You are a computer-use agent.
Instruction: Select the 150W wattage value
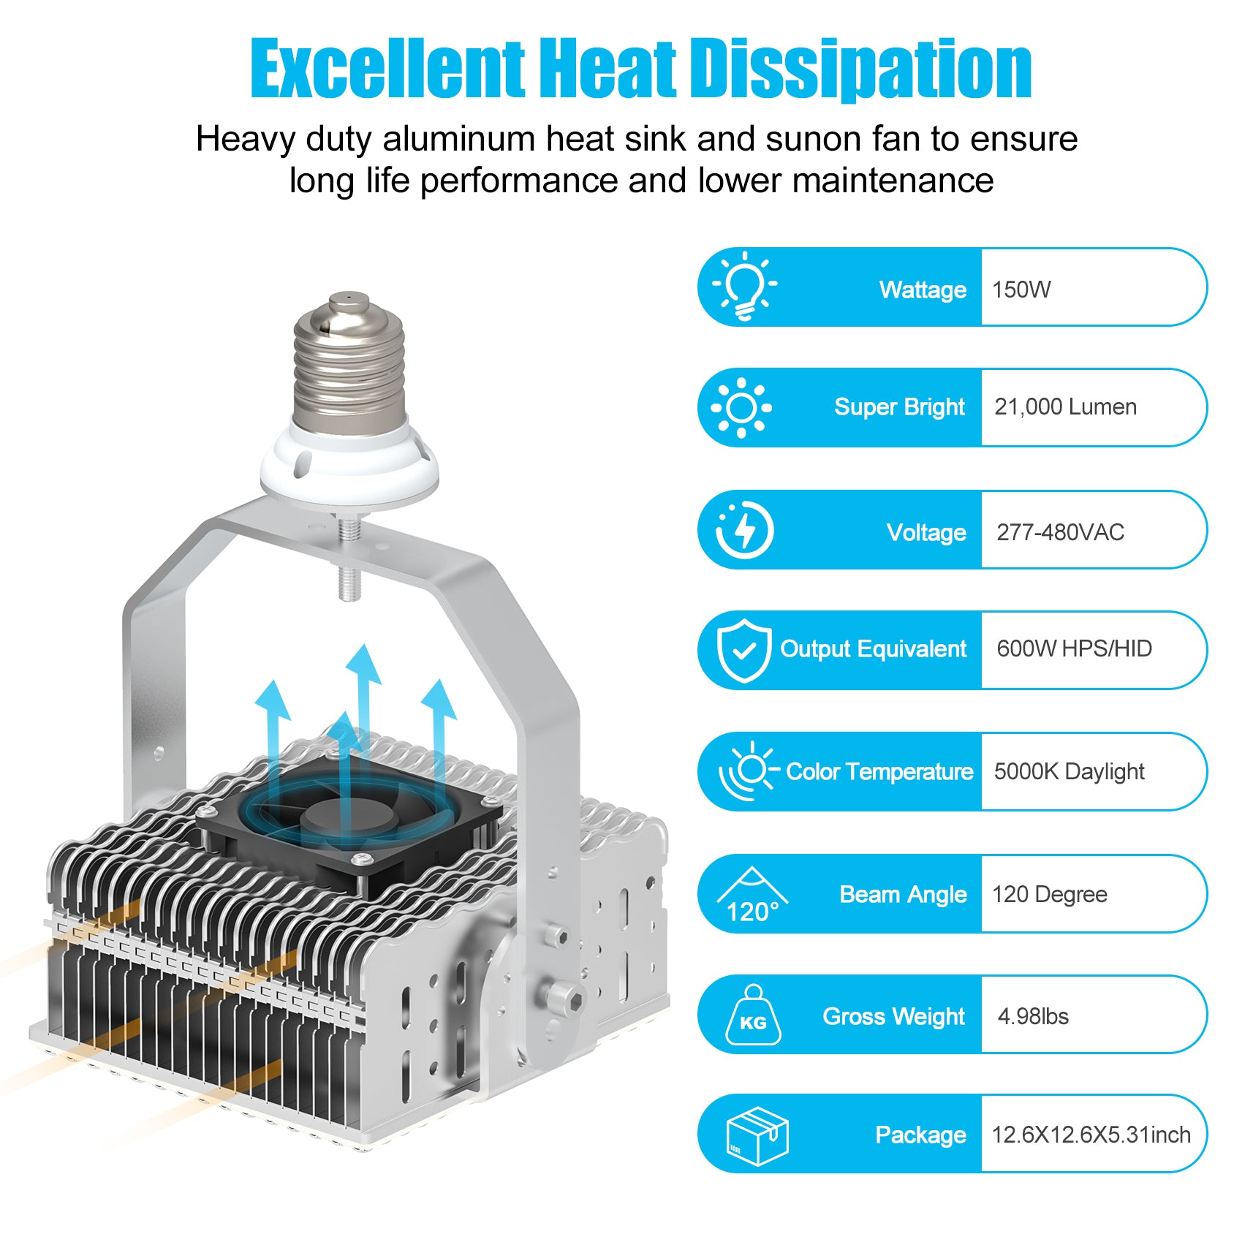[1021, 289]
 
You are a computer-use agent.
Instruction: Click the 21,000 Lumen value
[1065, 407]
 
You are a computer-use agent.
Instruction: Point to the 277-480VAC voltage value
[1060, 532]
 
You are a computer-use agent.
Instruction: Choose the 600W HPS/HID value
[1074, 648]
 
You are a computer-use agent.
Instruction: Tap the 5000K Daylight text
[1069, 772]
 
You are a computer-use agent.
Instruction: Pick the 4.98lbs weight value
[1033, 1016]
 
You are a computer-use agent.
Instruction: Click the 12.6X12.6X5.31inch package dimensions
[1091, 1135]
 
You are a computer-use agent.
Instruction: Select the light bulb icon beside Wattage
[745, 286]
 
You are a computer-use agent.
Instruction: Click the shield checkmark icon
[744, 650]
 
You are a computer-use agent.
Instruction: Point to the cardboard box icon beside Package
[757, 1135]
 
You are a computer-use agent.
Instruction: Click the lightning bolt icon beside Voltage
[744, 530]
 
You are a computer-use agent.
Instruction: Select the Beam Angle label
[903, 895]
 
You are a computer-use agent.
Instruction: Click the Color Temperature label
[879, 772]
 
